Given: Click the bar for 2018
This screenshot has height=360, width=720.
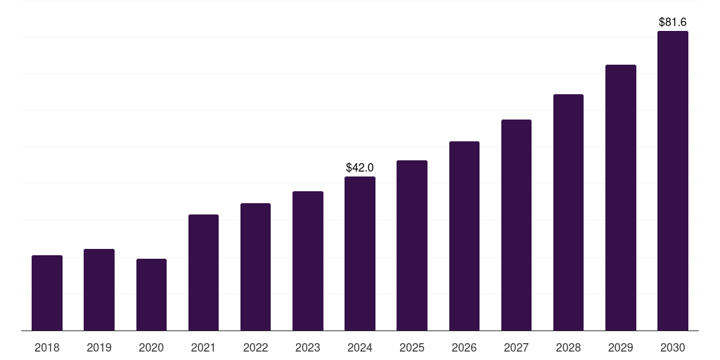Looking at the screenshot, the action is (47, 293).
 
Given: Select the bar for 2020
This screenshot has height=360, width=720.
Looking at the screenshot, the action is (152, 295).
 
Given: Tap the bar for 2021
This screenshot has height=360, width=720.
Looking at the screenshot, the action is (203, 273).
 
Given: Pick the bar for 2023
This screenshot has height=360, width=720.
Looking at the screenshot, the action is (308, 261).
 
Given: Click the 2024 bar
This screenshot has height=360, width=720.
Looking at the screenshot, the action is (360, 253).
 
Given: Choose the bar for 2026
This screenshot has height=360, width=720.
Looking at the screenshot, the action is (464, 236).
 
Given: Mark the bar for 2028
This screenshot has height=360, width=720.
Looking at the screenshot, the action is (568, 212).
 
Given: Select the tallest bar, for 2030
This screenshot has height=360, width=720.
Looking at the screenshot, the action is (673, 181).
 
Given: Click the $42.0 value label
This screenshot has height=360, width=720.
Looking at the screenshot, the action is (360, 167).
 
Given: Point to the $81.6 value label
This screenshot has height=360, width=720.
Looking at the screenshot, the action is (673, 22).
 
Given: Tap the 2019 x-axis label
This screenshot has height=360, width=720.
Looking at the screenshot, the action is (99, 347).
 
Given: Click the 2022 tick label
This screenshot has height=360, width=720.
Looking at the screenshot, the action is (255, 347).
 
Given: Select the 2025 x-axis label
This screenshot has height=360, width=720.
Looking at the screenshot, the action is (412, 347).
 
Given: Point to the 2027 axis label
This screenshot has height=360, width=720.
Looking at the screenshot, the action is (516, 347).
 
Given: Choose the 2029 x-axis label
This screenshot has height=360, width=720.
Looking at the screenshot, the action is (620, 347).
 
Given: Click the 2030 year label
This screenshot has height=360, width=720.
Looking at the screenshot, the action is (673, 347).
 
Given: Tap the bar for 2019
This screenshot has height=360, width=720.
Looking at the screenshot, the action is (99, 290).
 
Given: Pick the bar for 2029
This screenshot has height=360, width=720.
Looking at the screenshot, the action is (621, 198).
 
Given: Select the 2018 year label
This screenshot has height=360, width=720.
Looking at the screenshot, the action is (47, 347).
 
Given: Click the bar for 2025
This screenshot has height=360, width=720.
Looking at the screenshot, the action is (412, 245).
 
